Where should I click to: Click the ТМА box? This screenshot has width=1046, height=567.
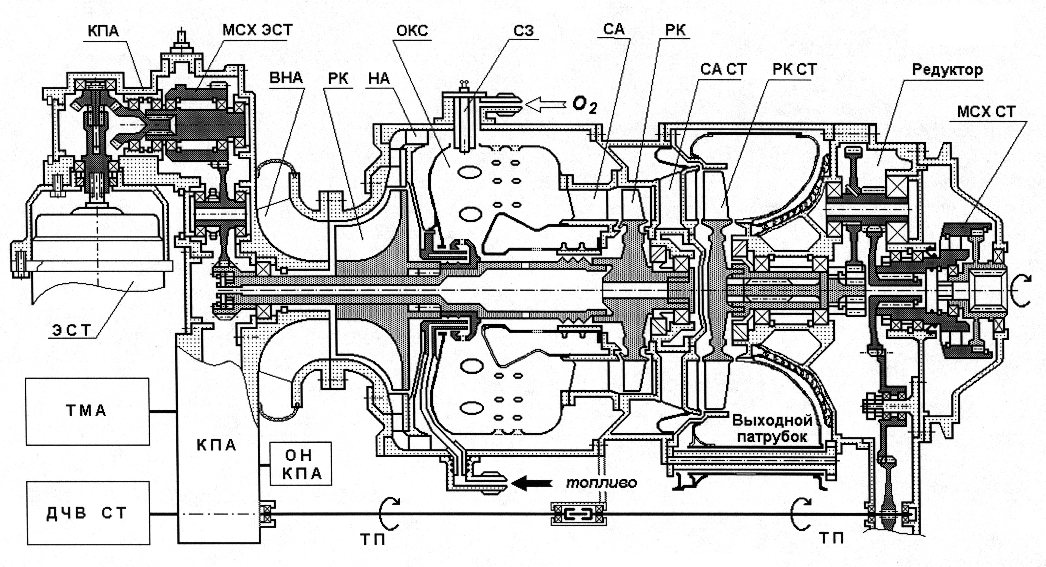[x=88, y=412]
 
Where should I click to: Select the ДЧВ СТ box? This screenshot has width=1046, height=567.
[x=88, y=513]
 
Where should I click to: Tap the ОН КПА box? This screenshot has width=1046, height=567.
[x=301, y=464]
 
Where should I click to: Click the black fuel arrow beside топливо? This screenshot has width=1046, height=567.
[x=531, y=483]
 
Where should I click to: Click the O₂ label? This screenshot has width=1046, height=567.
[x=585, y=105]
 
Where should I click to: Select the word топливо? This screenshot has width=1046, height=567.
[x=602, y=482]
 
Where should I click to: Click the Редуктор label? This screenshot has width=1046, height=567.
[x=947, y=70]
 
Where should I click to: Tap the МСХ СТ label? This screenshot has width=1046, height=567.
[x=986, y=111]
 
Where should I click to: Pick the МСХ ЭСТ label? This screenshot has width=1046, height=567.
[x=257, y=30]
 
